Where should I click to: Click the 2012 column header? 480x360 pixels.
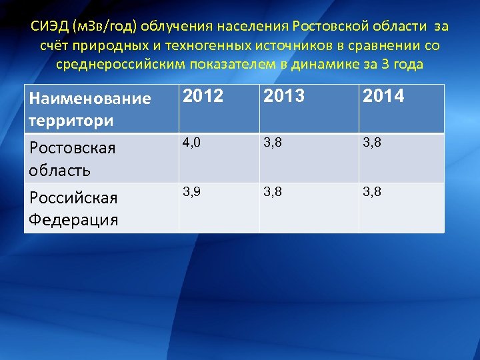(203, 97)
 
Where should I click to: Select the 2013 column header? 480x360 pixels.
(283, 97)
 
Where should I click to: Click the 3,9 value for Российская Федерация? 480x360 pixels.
(193, 192)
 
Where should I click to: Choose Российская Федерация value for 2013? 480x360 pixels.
(273, 192)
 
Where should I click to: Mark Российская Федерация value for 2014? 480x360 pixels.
(373, 192)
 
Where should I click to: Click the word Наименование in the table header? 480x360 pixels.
(90, 99)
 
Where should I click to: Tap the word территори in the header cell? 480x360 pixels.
(71, 121)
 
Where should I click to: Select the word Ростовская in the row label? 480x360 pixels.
(72, 148)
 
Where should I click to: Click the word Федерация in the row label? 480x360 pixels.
(73, 219)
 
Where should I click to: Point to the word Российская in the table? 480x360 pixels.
(73, 198)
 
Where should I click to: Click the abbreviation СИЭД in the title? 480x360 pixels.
(48, 27)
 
